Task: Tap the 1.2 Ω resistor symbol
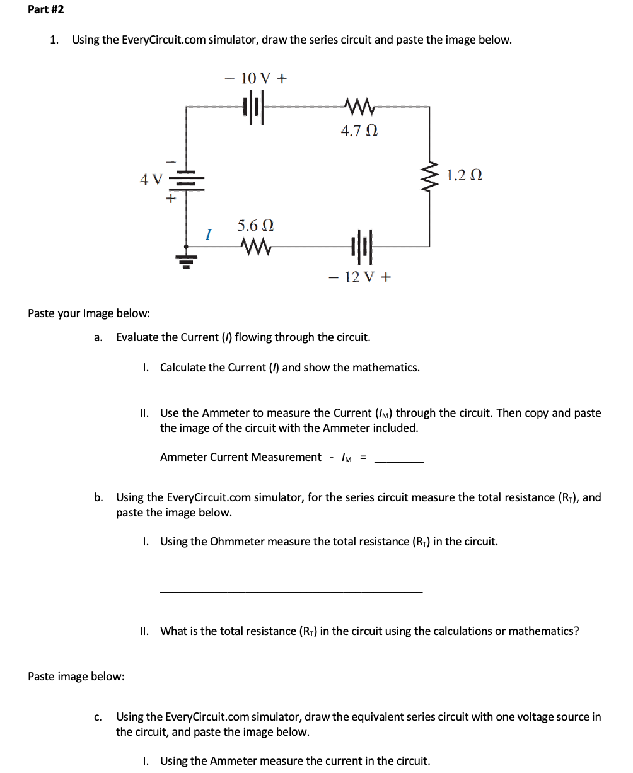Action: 431,177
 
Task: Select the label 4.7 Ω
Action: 359,131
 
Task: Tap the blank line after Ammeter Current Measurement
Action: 399,460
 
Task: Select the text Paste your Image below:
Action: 89,313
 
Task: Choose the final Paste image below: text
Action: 76,677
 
